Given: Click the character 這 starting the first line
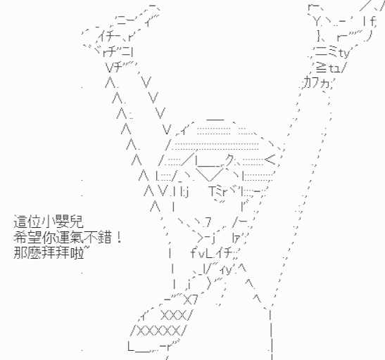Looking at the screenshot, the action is tap(20, 222).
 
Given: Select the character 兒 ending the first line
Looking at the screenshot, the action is tap(77, 222).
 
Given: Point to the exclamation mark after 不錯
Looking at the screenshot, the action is tap(119, 237).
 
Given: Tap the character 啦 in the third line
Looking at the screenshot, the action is tap(77, 252).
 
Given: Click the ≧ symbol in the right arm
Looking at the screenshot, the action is tap(322, 67).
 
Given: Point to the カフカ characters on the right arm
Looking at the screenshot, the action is tap(317, 82).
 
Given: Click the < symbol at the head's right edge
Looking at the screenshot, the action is tap(270, 160).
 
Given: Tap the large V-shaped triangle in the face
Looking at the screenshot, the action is tap(210, 174).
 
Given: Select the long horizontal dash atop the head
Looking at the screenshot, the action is tap(215, 120).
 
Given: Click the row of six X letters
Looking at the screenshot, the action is tap(159, 332).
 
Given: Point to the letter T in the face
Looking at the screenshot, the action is tap(213, 191).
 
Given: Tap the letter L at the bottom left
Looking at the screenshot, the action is tap(131, 346).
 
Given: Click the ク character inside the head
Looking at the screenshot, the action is tap(230, 160).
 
